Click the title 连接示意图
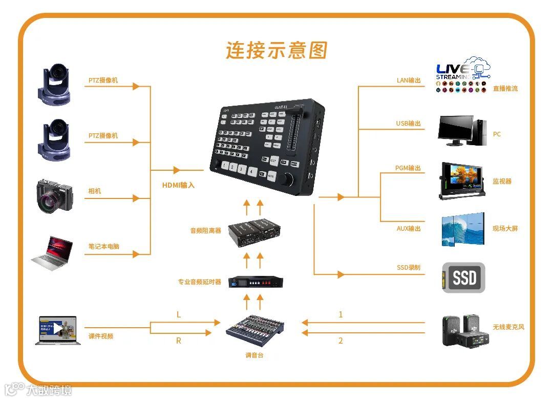point(276,51)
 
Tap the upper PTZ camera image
point(55,85)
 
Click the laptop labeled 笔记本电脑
point(53,253)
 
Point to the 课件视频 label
point(101,336)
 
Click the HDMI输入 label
point(178,185)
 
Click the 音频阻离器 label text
point(206,231)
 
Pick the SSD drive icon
point(463,277)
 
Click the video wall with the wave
point(462,229)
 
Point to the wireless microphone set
point(464,330)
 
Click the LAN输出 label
point(409,80)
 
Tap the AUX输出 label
point(409,229)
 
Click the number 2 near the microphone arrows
point(341,341)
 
